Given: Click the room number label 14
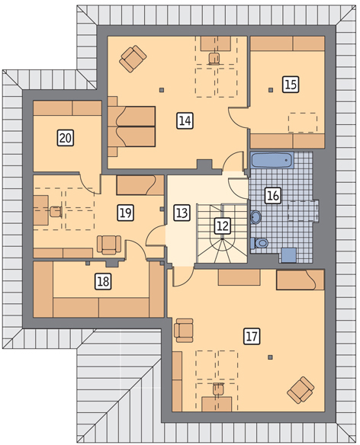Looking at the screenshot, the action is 185,120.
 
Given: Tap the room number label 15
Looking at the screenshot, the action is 291,85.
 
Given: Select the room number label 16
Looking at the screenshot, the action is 273,195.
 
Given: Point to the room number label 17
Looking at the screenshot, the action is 252,336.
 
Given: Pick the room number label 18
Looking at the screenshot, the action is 103,281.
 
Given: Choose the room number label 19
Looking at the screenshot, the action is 126,213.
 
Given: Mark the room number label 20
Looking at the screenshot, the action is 66,138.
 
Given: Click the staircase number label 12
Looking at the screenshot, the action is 223,226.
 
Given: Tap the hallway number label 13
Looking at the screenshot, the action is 182,213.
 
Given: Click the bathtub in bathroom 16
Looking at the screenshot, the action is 272,160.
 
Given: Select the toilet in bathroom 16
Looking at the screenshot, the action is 259,243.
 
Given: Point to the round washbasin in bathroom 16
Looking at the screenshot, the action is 256,217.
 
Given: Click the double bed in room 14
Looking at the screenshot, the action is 131,126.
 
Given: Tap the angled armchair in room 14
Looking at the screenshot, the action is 133,59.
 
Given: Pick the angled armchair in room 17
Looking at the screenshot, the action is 301,390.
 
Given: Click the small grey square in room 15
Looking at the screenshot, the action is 271,90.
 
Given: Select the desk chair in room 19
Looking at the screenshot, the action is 56,212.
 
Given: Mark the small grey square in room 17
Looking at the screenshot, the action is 271,357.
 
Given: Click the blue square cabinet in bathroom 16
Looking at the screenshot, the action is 288,255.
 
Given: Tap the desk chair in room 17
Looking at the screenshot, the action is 218,389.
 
